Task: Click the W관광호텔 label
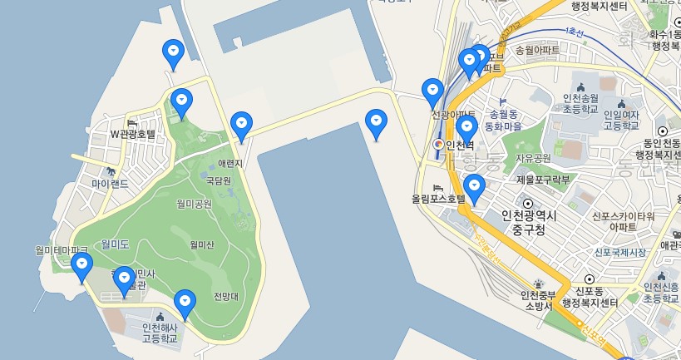pos(134,133)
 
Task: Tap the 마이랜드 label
pos(111,183)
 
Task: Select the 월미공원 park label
pos(194,204)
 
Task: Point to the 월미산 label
pos(202,244)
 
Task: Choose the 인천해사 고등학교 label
pos(160,333)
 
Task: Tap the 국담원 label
pos(218,180)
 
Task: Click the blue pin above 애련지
pos(241,125)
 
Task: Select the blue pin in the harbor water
pos(377,123)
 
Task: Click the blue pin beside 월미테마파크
pos(81,266)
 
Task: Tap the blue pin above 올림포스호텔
pos(474,188)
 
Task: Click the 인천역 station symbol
pos(438,145)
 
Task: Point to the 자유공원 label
pos(533,158)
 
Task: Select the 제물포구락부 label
pos(543,179)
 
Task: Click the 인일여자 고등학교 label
pos(621,120)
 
